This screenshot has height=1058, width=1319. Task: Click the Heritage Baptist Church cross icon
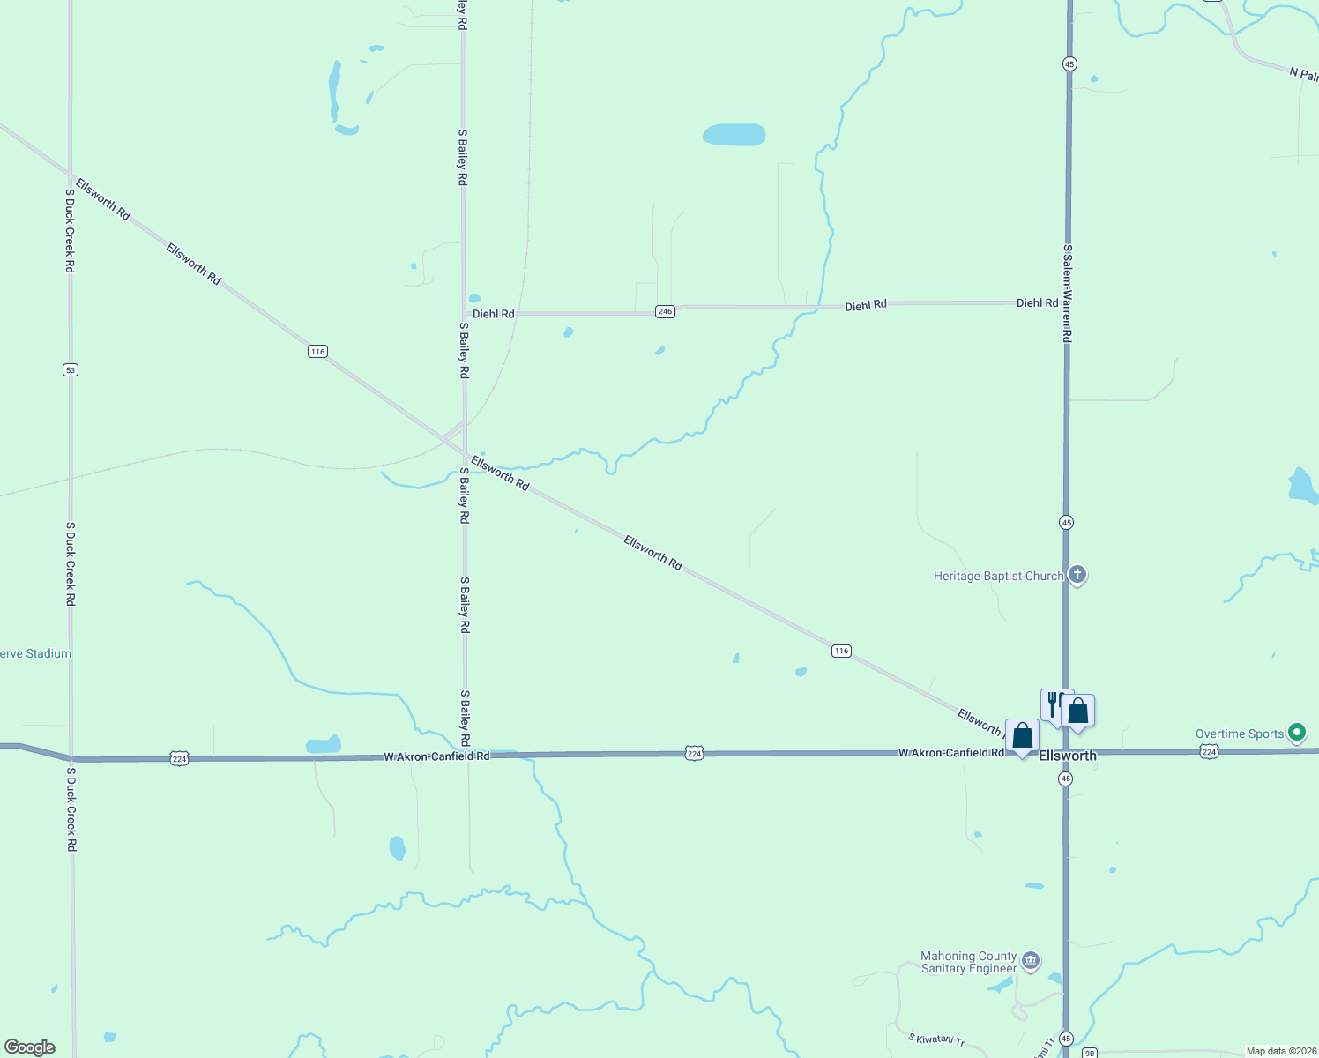(1077, 575)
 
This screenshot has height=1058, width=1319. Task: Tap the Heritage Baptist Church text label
(998, 577)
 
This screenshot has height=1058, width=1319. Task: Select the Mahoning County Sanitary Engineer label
(968, 962)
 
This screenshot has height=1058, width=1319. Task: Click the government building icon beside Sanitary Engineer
(1031, 961)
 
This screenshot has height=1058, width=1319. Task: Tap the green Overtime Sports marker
(1296, 733)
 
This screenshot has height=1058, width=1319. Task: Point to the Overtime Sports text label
(1239, 734)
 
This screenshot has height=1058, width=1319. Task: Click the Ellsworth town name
(1068, 756)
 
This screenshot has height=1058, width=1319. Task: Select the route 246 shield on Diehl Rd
(665, 311)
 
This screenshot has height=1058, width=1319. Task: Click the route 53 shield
(71, 370)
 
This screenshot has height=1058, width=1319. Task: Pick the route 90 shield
(1090, 1053)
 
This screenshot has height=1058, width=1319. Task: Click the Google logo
(30, 1047)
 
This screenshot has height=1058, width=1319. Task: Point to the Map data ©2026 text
(1281, 1051)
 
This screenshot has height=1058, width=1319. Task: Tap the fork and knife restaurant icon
(1052, 704)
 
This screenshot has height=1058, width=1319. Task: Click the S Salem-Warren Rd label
(1067, 294)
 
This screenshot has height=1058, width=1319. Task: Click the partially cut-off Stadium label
(35, 653)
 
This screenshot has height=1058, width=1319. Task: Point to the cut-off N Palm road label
(1303, 73)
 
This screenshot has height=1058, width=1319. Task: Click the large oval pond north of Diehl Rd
(734, 135)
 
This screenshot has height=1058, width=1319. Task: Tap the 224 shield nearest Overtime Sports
(1209, 751)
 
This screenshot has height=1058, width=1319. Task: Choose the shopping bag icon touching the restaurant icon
(1078, 711)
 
